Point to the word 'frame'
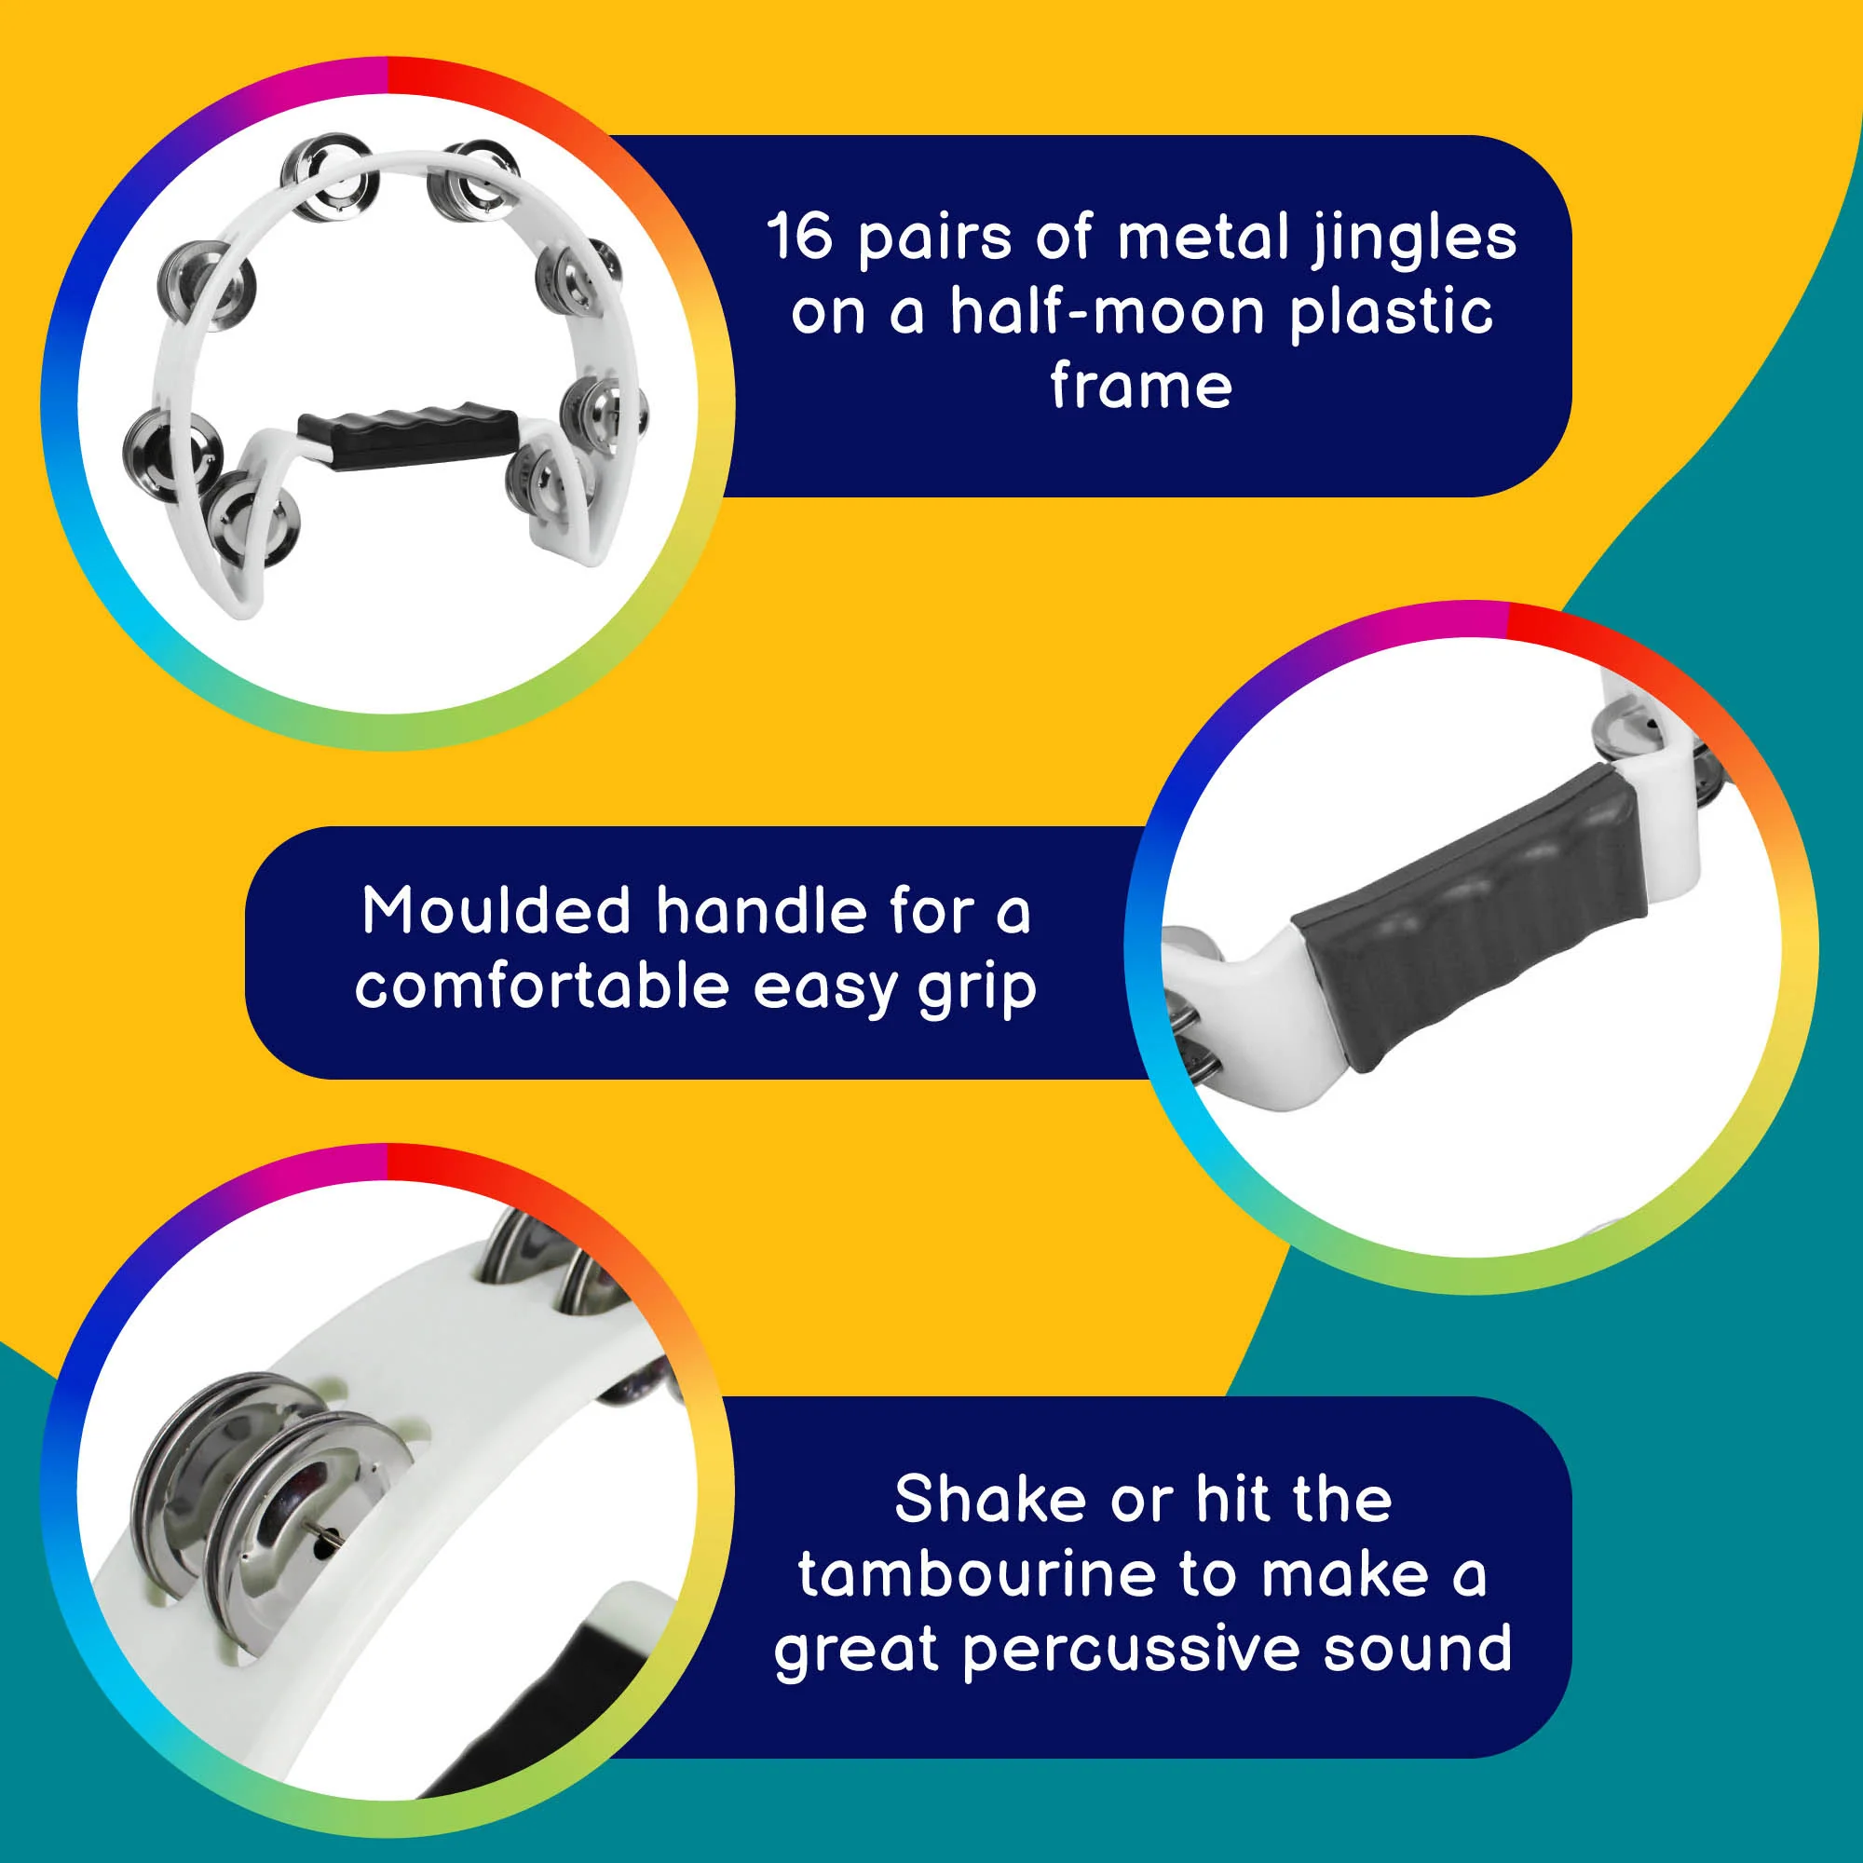[1141, 386]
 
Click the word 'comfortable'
[542, 986]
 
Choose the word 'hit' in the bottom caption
[1231, 1500]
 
